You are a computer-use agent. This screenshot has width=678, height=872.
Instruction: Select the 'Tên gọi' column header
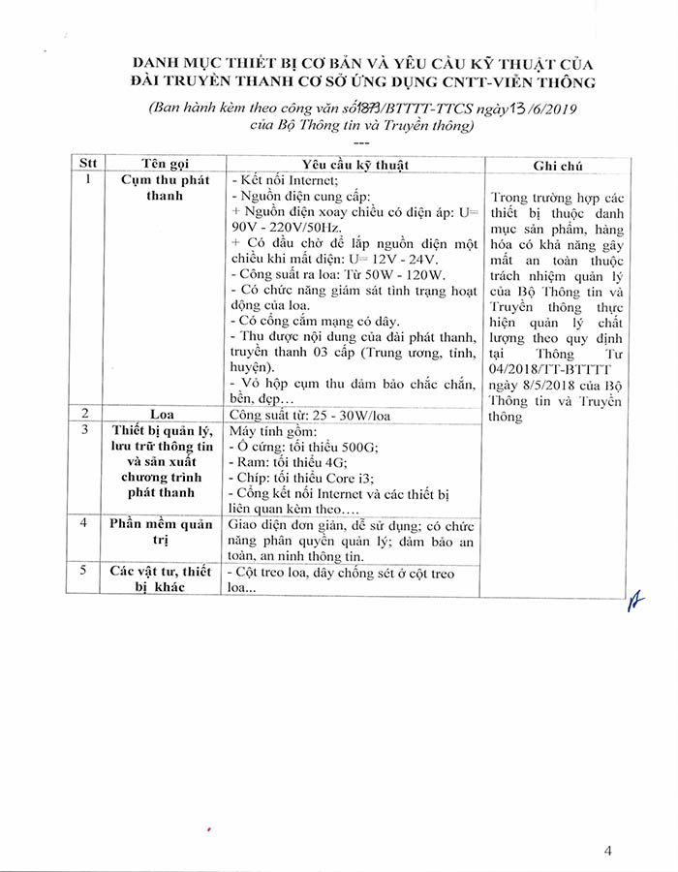162,164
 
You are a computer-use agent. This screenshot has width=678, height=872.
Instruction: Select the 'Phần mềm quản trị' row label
162,532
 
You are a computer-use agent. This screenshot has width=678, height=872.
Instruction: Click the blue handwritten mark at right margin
635,602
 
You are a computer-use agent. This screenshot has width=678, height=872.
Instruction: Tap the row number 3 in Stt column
88,430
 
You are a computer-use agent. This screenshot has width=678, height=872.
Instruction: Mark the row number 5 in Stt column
88,572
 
